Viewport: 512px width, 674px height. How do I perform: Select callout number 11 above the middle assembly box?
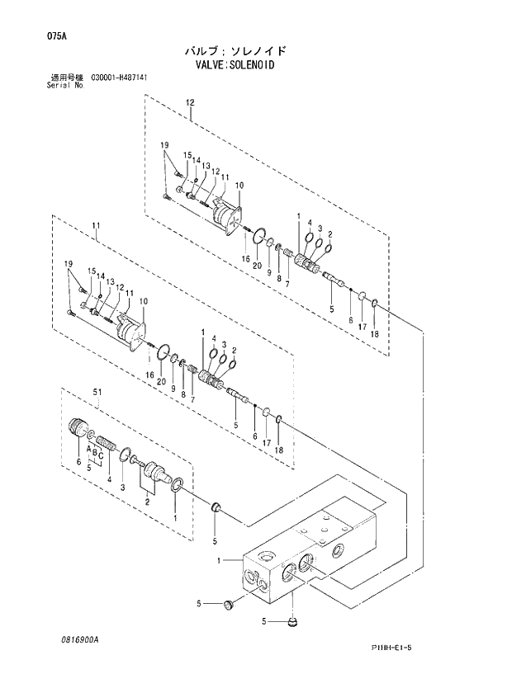click(x=96, y=224)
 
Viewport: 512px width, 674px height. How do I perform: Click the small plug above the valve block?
click(x=215, y=505)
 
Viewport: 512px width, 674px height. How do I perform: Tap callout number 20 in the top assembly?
click(x=258, y=265)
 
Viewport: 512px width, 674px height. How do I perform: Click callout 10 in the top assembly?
click(x=239, y=185)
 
